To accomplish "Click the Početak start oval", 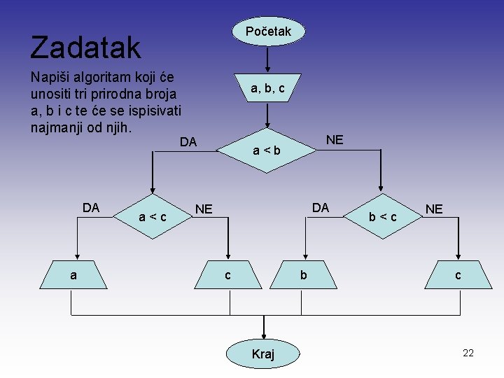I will click(x=268, y=31).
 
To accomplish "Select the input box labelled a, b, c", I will click(x=267, y=87).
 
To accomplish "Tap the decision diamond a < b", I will click(x=267, y=150).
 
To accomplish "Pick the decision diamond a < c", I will click(x=153, y=217).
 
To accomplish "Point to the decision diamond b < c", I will click(x=383, y=217).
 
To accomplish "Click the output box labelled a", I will click(x=73, y=276).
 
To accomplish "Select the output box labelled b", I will click(x=303, y=276).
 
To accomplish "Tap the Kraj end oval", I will click(x=263, y=354).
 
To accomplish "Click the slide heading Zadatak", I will click(x=85, y=48).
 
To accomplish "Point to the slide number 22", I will click(x=468, y=353).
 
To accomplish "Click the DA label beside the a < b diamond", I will click(x=188, y=143).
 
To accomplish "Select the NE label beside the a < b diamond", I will click(x=335, y=140).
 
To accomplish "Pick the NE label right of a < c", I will click(x=204, y=209).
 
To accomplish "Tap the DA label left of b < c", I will click(x=320, y=208).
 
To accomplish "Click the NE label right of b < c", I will click(x=434, y=209).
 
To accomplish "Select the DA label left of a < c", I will click(x=91, y=208).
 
